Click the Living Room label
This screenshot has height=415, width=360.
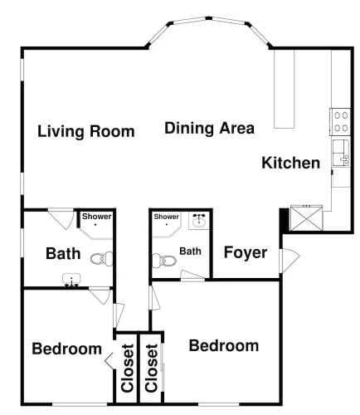tap(86, 131)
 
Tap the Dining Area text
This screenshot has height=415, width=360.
tap(209, 128)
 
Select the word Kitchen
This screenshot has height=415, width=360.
tap(290, 163)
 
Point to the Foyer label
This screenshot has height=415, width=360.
tap(246, 252)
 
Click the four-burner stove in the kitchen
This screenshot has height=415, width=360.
tap(340, 122)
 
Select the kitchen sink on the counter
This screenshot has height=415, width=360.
tap(342, 153)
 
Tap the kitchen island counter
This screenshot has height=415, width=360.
tap(284, 89)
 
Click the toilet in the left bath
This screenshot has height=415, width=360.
tap(102, 259)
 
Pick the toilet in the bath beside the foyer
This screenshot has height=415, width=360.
tap(164, 261)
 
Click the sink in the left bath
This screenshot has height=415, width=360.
tap(71, 280)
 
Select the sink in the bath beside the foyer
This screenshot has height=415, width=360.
tap(199, 220)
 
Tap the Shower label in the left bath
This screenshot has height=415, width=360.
tap(96, 217)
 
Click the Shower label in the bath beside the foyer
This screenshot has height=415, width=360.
tap(167, 217)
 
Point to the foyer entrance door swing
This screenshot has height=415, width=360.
tap(289, 259)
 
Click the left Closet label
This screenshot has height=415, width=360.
tap(128, 368)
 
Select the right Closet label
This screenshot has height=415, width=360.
tap(152, 368)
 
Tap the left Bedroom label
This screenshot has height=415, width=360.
tap(67, 349)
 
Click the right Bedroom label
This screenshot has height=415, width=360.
tap(224, 345)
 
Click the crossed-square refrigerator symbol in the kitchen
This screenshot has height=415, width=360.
tap(306, 217)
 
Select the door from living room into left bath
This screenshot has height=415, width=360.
tap(61, 219)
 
